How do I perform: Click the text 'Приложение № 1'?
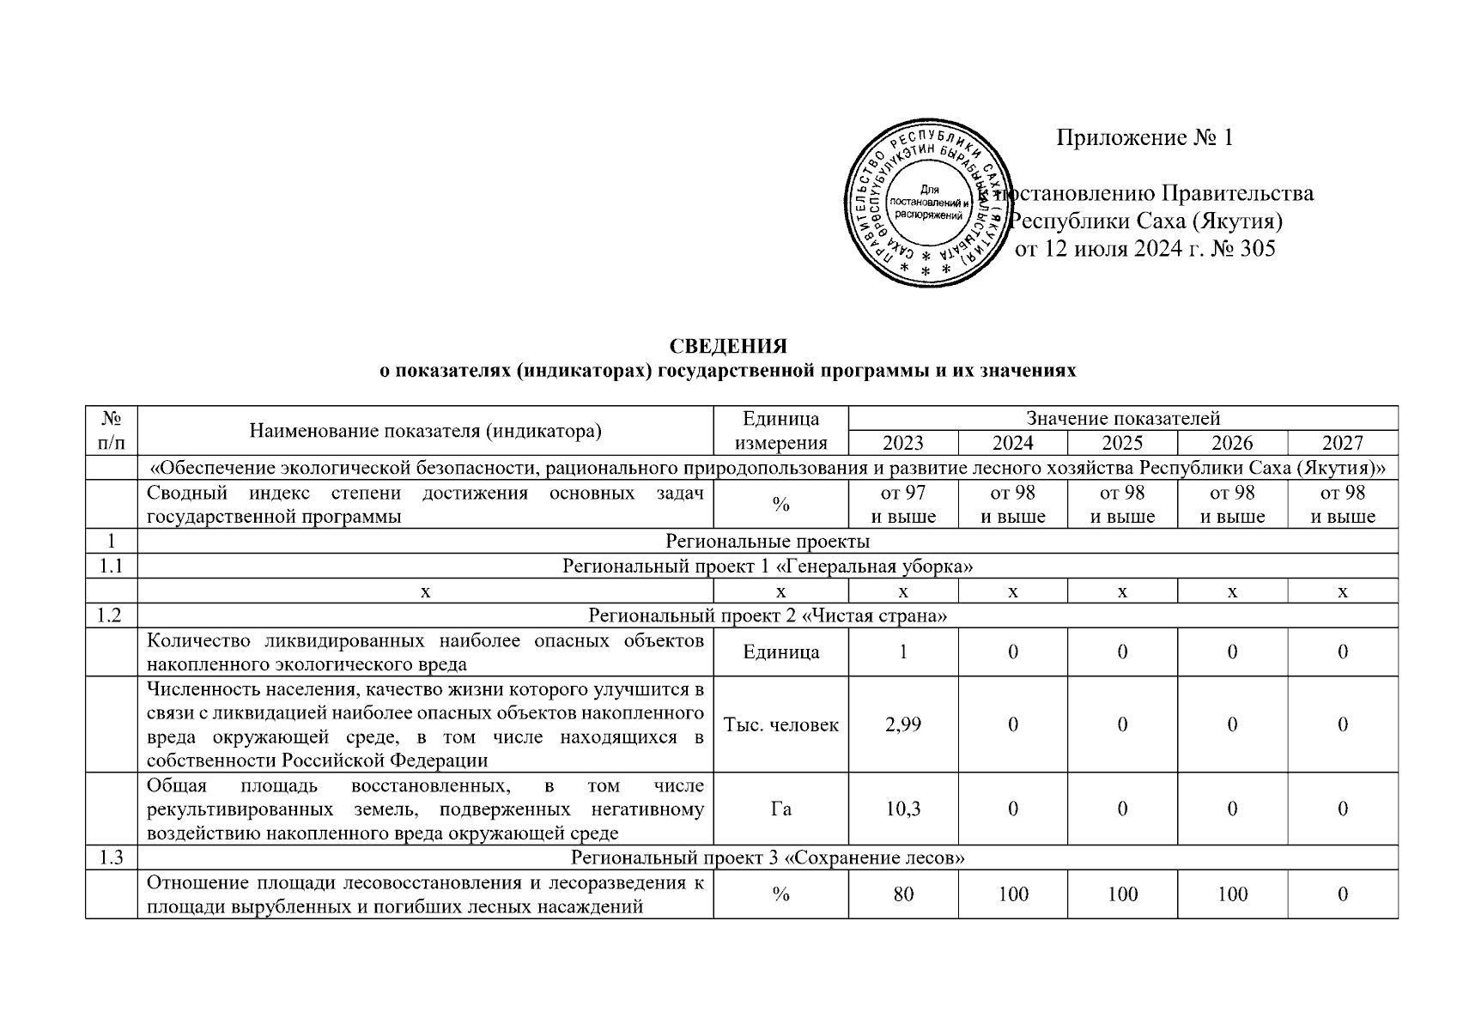pos(1144,138)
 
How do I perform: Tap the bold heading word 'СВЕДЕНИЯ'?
pos(728,346)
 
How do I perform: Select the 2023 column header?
pos(902,443)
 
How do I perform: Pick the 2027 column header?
pos(1342,443)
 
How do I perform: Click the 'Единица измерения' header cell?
pos(780,431)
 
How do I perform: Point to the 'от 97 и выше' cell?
pos(902,505)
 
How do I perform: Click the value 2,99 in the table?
pos(902,724)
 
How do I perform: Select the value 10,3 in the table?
pos(902,809)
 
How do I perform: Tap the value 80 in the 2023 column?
pos(902,894)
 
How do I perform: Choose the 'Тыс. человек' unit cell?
pos(780,724)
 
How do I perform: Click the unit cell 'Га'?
pos(780,809)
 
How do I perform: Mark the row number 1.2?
pos(112,616)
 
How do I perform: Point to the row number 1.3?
pos(112,857)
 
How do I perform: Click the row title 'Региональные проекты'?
pos(768,542)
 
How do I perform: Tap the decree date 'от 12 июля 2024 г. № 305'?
pos(1145,250)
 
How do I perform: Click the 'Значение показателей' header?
pos(1122,419)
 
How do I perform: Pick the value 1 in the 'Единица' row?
pos(902,651)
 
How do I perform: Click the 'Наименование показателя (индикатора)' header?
pos(425,431)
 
